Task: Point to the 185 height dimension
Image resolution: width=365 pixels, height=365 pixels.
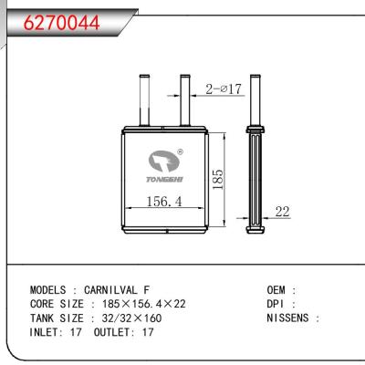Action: tap(216, 173)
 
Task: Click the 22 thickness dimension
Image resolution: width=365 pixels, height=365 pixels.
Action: tap(282, 212)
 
